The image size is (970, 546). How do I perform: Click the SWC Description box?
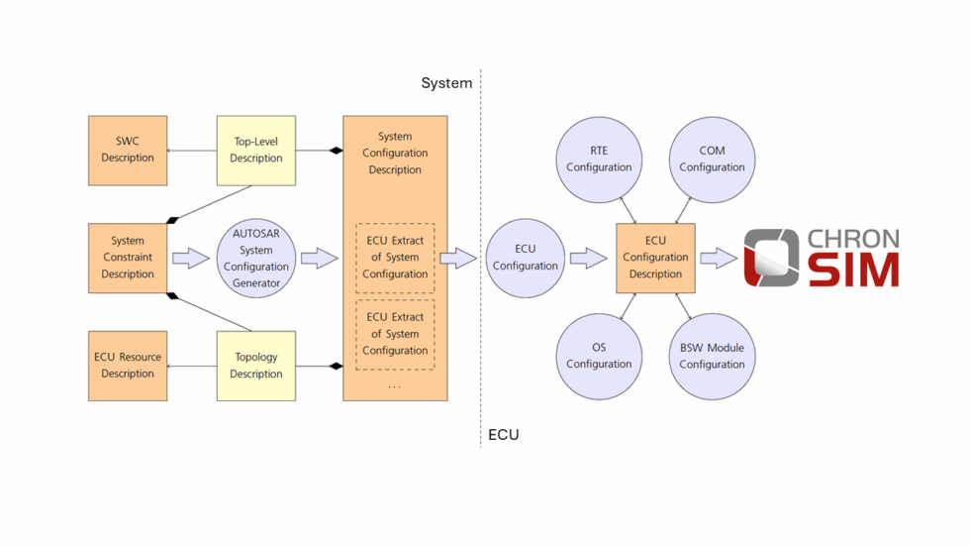128,150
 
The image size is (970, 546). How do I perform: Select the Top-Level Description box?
256,150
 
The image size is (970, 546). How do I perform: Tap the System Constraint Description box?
128,258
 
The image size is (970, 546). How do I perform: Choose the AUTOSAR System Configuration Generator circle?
256,258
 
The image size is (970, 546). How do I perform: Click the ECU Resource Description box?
128,366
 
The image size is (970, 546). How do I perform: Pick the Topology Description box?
256,366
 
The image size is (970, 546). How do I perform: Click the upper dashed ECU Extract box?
395,258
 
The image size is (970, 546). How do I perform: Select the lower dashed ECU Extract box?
395,334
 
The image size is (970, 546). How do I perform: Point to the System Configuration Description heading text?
395,154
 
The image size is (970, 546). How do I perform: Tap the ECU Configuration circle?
526,258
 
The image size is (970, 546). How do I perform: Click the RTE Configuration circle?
599,160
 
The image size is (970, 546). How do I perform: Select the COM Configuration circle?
712,160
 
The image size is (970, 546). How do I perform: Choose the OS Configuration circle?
599,356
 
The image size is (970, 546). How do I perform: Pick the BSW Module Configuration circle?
712,356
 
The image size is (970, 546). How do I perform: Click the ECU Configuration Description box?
655,258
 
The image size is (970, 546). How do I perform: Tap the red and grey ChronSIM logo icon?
771,258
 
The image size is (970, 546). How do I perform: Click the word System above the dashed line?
446,83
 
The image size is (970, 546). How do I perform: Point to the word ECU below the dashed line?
503,435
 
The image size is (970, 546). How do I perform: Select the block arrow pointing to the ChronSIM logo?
719,259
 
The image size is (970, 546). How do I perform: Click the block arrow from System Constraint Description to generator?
191,259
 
